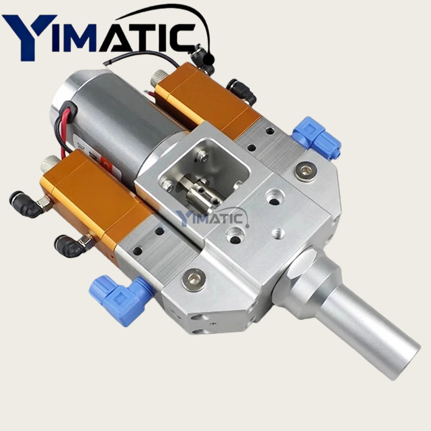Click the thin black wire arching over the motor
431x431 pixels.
(x=145, y=53)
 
